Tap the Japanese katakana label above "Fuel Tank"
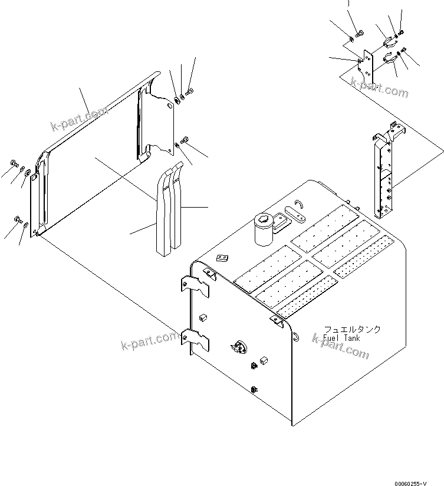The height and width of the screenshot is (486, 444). pos(351,330)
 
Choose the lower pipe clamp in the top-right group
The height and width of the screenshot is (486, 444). pos(389,58)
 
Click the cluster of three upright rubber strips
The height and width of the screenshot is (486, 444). pos(167,209)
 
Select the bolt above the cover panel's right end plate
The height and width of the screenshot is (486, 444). pos(190,91)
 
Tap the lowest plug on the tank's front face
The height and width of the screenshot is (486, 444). pos(254,389)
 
